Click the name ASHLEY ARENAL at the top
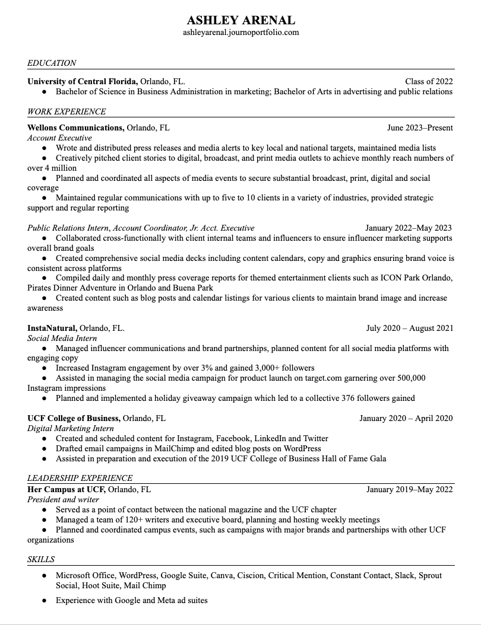[240, 20]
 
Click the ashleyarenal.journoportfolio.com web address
[240, 33]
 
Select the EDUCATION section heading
[52, 63]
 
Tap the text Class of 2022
[429, 82]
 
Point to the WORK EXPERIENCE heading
[67, 111]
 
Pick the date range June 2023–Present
[420, 127]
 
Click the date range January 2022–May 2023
[409, 228]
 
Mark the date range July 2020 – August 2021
[410, 328]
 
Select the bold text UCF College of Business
[74, 418]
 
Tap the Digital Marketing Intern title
[70, 428]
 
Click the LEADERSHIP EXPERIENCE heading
[80, 478]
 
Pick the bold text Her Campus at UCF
[67, 489]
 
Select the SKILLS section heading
[41, 559]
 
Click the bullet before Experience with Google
[44, 601]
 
